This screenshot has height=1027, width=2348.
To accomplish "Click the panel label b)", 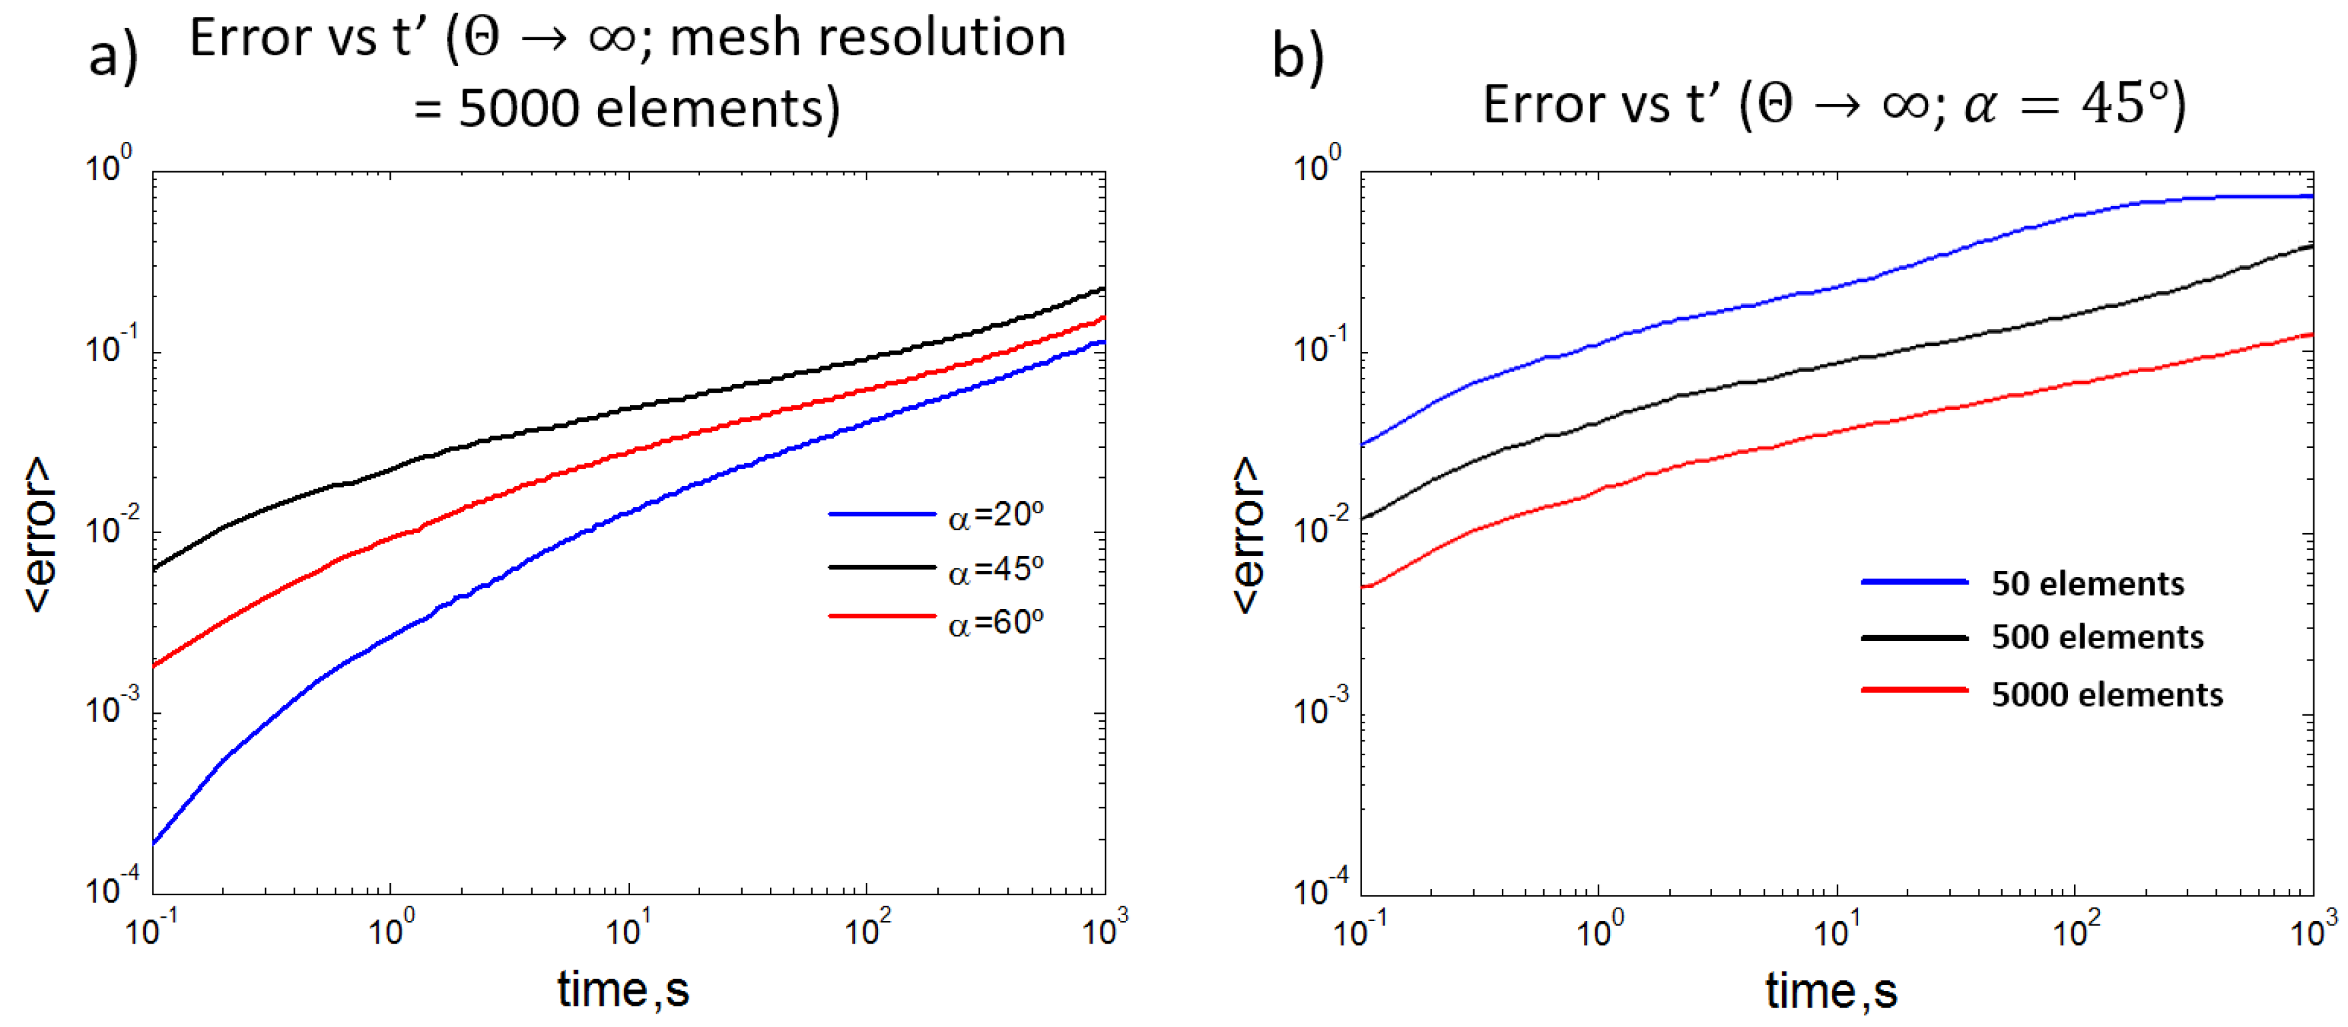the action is pyautogui.click(x=1297, y=57).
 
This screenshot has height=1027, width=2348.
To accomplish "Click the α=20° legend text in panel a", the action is pyautogui.click(x=995, y=516).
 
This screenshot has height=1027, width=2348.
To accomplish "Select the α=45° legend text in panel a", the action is pyautogui.click(x=995, y=570).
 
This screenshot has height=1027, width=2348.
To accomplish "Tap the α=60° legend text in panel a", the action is pyautogui.click(x=995, y=622).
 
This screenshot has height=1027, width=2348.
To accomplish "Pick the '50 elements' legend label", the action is pyautogui.click(x=2087, y=583).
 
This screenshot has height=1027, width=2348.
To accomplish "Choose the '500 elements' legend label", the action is pyautogui.click(x=2097, y=637).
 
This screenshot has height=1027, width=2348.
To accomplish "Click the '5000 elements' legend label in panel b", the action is pyautogui.click(x=2107, y=694).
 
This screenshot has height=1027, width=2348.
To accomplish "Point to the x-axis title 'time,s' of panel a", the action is pyautogui.click(x=623, y=990).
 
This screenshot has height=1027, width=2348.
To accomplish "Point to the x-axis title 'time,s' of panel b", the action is pyautogui.click(x=1831, y=990).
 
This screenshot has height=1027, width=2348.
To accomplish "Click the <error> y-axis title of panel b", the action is pyautogui.click(x=1247, y=534).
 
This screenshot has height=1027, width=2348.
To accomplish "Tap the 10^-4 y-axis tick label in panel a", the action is pyautogui.click(x=112, y=886).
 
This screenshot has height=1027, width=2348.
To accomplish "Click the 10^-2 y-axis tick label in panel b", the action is pyautogui.click(x=1320, y=526).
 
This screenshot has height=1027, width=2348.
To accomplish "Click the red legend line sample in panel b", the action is pyautogui.click(x=1914, y=690).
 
